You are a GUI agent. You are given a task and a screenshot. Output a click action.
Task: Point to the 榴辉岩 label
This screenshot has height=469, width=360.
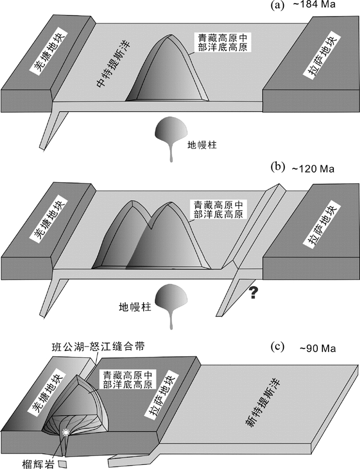pyautogui.click(x=38, y=462)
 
